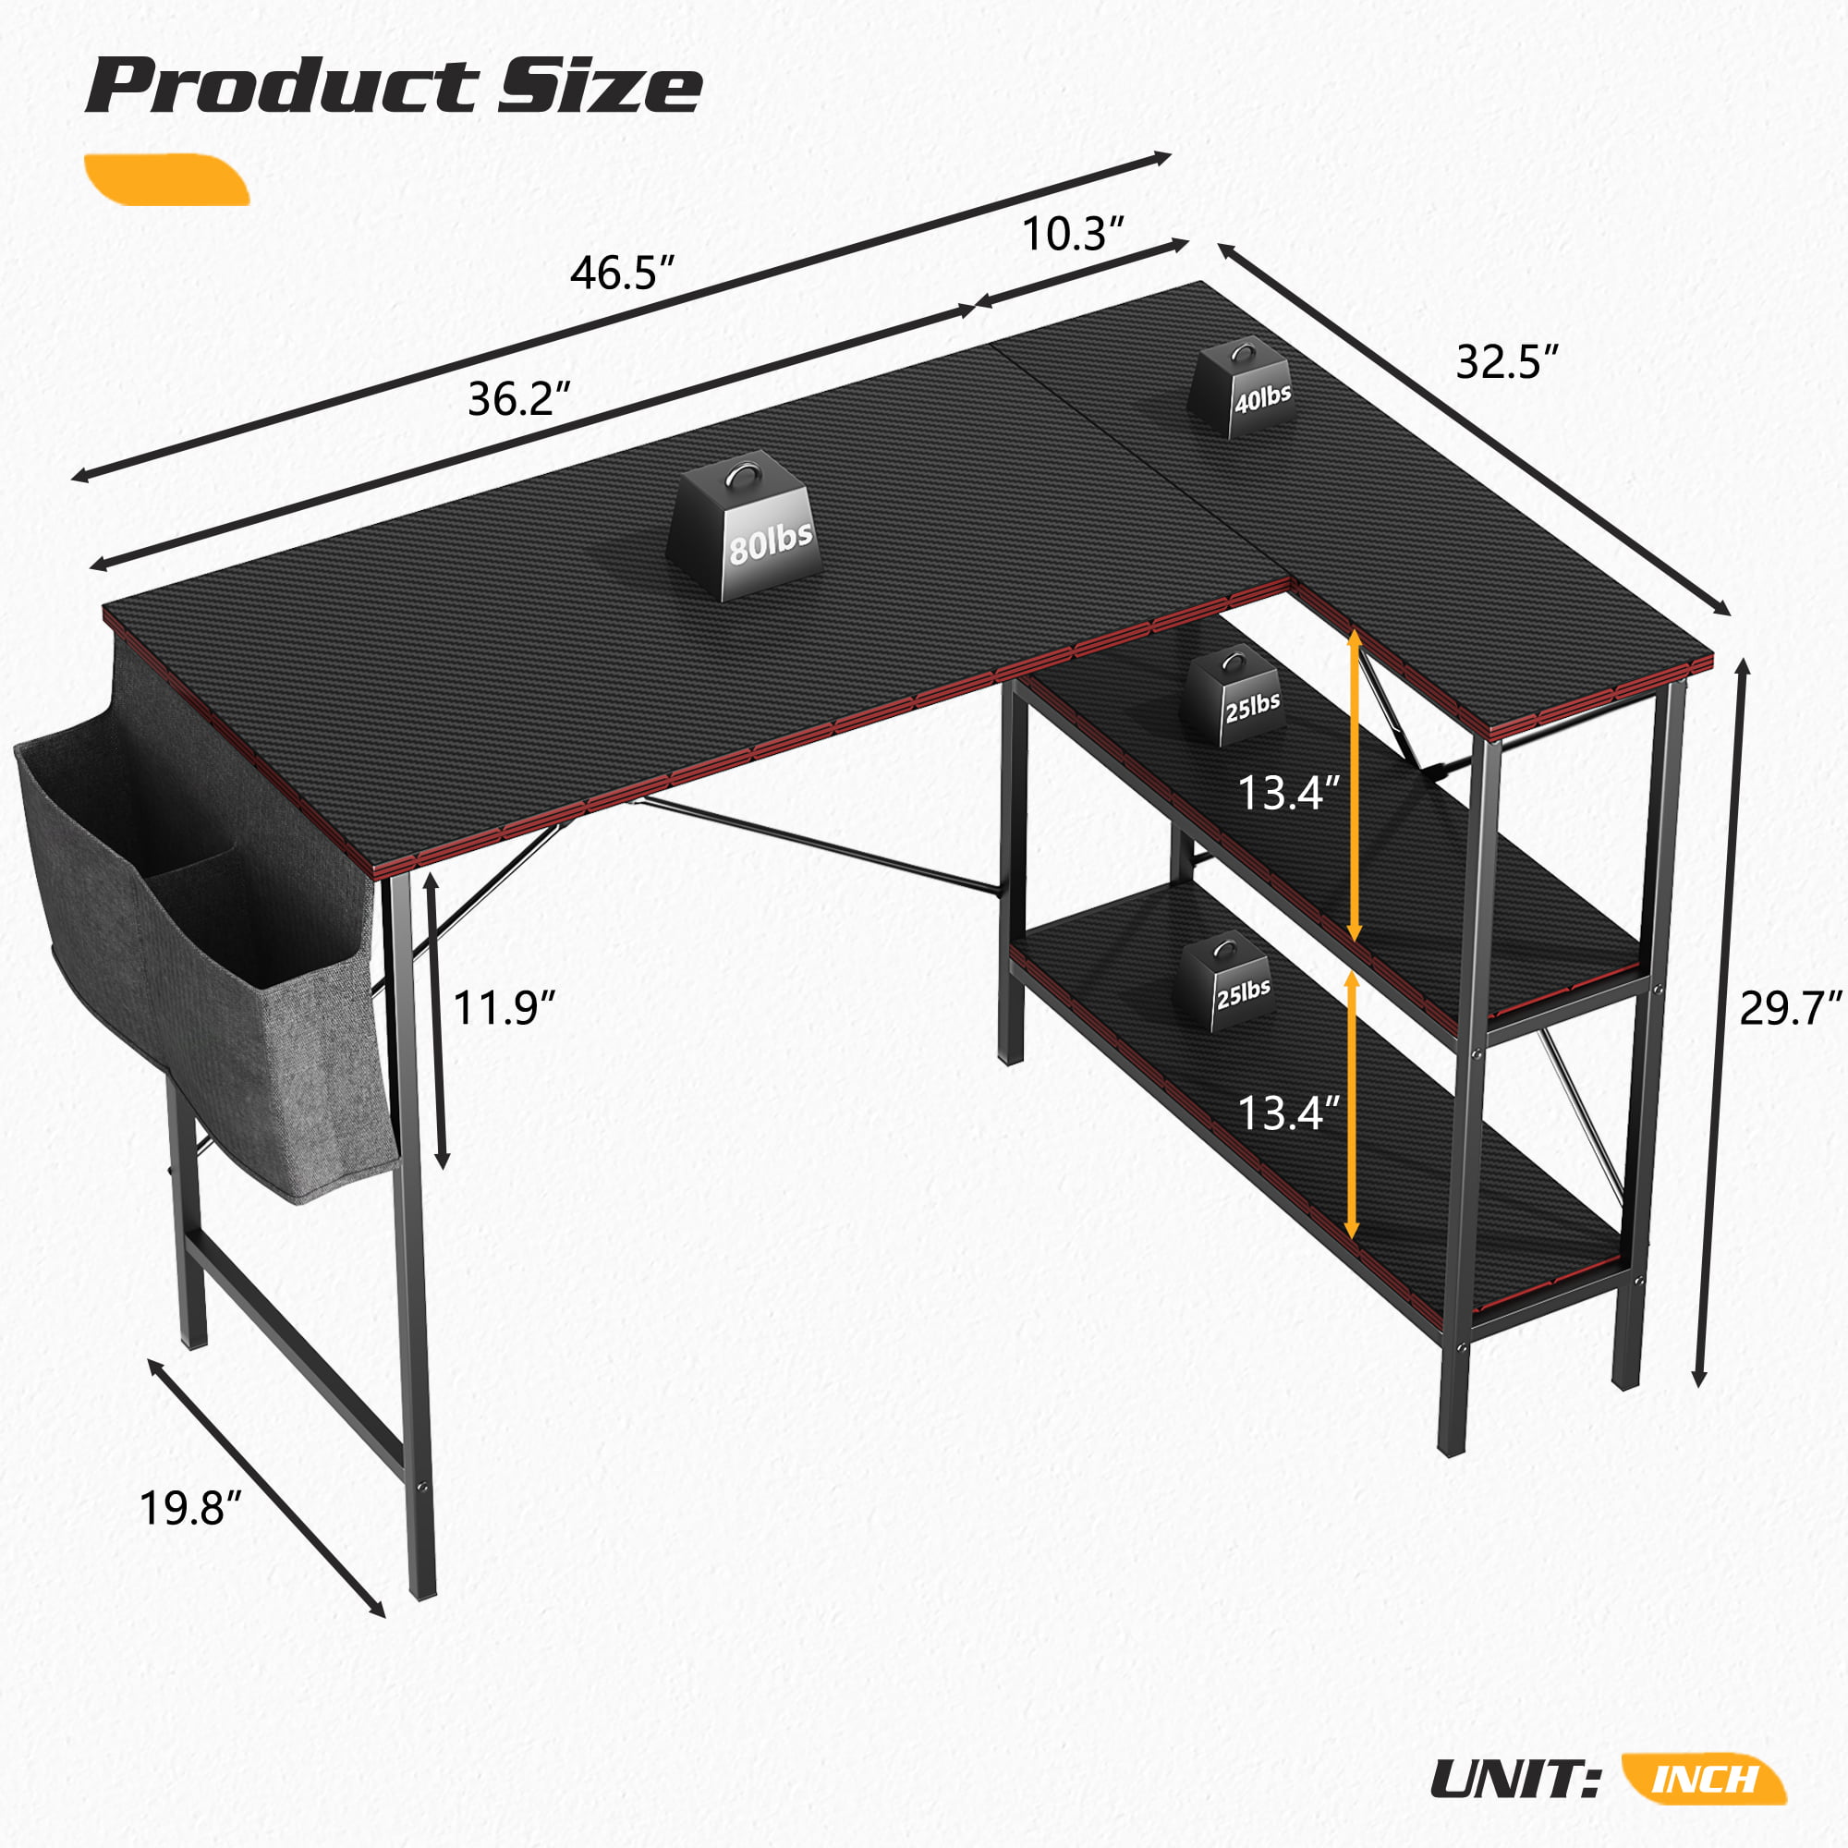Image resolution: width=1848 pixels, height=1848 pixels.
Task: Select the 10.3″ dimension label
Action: (1072, 235)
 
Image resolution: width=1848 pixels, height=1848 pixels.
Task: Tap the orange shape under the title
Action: (167, 180)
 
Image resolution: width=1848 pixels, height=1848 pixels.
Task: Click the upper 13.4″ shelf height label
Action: (1287, 793)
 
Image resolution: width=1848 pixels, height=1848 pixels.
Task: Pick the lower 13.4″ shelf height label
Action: (1287, 1112)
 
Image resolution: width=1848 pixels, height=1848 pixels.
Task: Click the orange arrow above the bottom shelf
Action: (1353, 1106)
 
